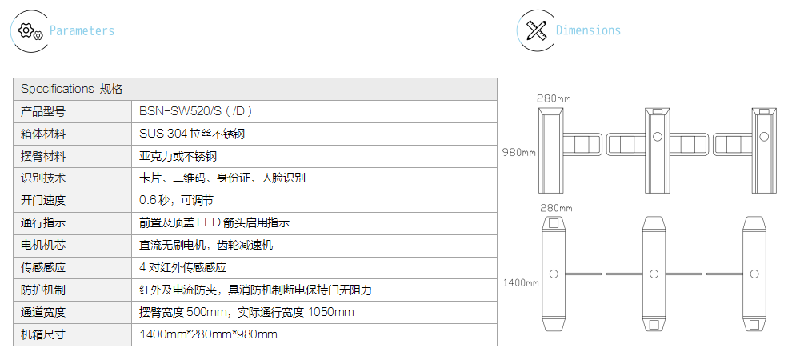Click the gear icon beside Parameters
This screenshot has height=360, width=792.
[30, 31]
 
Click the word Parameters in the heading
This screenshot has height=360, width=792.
[82, 30]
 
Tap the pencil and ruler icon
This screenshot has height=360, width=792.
[537, 30]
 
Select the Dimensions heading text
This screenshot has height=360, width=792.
[588, 30]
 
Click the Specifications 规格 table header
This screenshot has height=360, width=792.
[72, 89]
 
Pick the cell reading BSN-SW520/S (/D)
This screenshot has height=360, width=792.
[195, 111]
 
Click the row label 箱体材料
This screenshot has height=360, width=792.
[43, 134]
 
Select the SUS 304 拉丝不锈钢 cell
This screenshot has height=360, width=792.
[192, 134]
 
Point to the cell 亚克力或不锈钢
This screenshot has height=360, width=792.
[178, 156]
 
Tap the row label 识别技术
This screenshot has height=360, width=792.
[43, 178]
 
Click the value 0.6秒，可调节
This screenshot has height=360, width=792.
[176, 201]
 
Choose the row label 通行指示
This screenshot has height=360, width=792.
[43, 222]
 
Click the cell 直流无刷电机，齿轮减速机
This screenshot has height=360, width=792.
[206, 246]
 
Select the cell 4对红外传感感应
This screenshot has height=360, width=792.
[182, 268]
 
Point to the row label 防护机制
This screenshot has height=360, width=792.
[43, 290]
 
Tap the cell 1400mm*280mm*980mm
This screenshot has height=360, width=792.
[208, 334]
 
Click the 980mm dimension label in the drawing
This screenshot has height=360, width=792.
[518, 152]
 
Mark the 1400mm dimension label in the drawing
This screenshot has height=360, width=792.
[521, 282]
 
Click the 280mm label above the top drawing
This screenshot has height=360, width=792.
[554, 98]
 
